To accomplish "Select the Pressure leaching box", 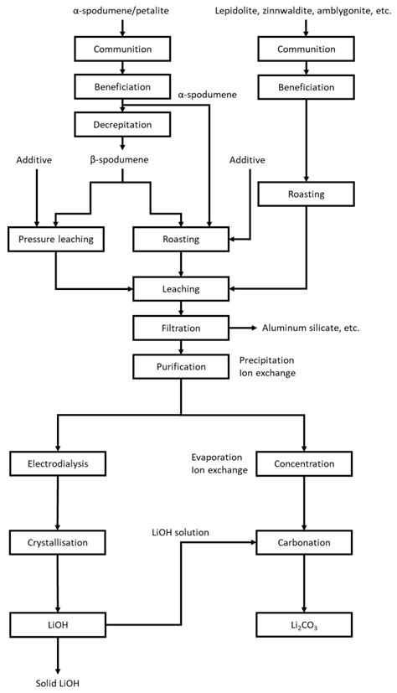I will click(x=55, y=240).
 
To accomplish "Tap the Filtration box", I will click(x=181, y=328).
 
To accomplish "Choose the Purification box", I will click(x=181, y=366).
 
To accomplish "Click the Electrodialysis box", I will click(x=56, y=463).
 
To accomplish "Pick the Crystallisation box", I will click(x=56, y=543).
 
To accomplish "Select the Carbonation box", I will click(x=304, y=543).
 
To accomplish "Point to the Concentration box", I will click(x=304, y=463).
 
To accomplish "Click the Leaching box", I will click(x=181, y=289).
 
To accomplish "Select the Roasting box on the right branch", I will click(x=304, y=194).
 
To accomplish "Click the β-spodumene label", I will click(x=122, y=157).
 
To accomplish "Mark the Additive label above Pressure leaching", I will click(x=34, y=159).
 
